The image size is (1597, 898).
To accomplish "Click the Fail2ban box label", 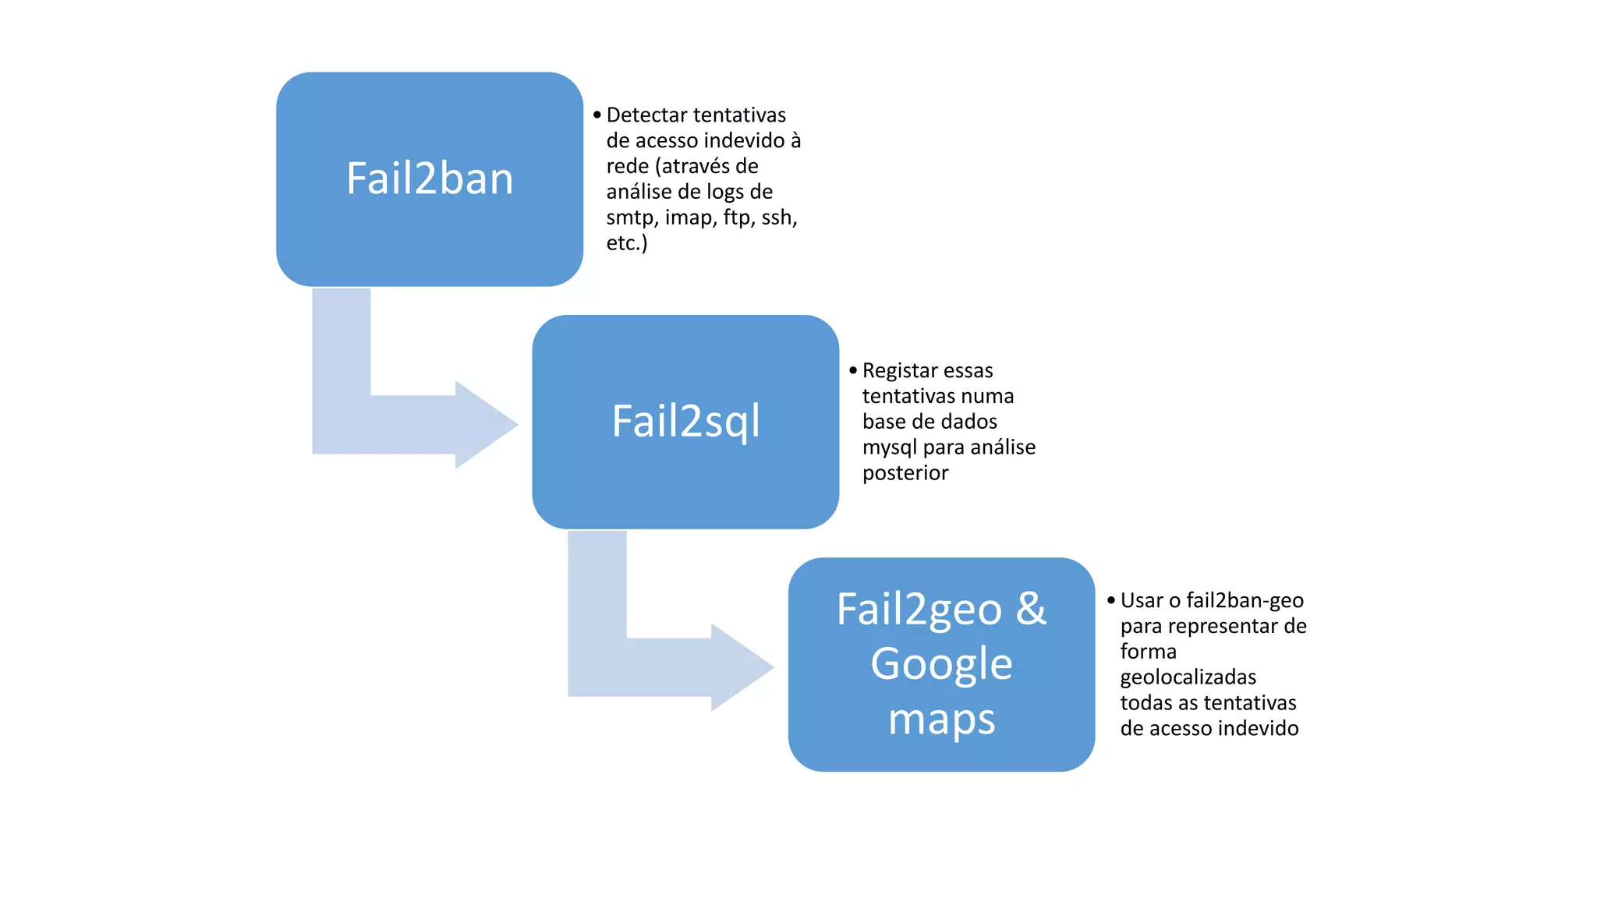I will pyautogui.click(x=430, y=179).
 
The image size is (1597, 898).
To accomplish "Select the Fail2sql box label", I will pyautogui.click(x=685, y=422).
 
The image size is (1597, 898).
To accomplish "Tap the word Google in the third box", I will pyautogui.click(x=941, y=664).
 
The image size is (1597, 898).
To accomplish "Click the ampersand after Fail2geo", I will pyautogui.click(x=1031, y=609).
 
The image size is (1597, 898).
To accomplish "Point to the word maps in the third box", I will pyautogui.click(x=941, y=719).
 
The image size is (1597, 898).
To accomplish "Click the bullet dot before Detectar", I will pyautogui.click(x=597, y=115).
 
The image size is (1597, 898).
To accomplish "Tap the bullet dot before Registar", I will pyautogui.click(x=853, y=370).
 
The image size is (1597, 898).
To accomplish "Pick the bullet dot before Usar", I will pyautogui.click(x=1111, y=600).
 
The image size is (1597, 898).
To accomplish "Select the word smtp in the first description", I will pyautogui.click(x=631, y=217).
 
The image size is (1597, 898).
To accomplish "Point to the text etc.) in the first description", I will pyautogui.click(x=627, y=243).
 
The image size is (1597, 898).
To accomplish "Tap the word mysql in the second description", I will pyautogui.click(x=890, y=448).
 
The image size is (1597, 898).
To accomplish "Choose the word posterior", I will pyautogui.click(x=905, y=473).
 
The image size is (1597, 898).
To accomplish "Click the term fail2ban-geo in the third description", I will pyautogui.click(x=1245, y=601).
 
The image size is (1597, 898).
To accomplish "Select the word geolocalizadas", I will pyautogui.click(x=1188, y=677).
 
